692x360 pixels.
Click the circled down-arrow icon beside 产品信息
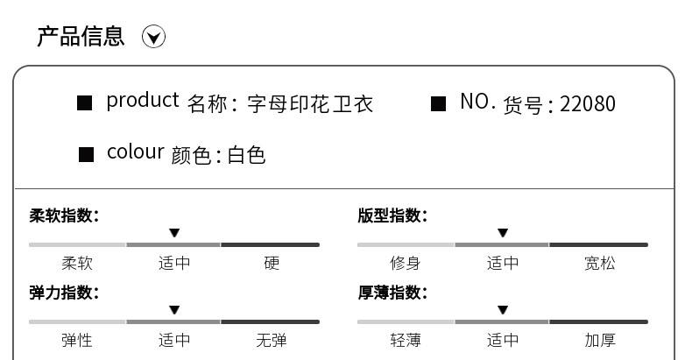click(154, 37)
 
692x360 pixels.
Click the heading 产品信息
click(81, 36)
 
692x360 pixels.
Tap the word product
click(142, 102)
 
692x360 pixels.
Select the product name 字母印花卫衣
click(310, 104)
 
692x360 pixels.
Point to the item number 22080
click(587, 104)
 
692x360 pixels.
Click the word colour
click(135, 152)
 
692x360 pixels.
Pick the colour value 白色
click(246, 156)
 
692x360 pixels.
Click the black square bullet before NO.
click(439, 103)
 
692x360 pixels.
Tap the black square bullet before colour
click(86, 155)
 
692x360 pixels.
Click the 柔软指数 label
click(64, 215)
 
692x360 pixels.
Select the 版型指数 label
click(392, 215)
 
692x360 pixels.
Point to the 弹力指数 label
click(64, 293)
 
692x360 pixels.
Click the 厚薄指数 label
click(392, 293)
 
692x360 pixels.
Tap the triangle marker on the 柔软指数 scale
click(174, 233)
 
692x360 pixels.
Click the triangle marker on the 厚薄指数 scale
click(503, 310)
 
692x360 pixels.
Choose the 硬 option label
click(272, 263)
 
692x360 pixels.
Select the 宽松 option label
click(600, 263)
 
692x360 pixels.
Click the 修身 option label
click(406, 263)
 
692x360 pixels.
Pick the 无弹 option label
click(272, 340)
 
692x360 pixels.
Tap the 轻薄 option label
click(406, 340)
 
